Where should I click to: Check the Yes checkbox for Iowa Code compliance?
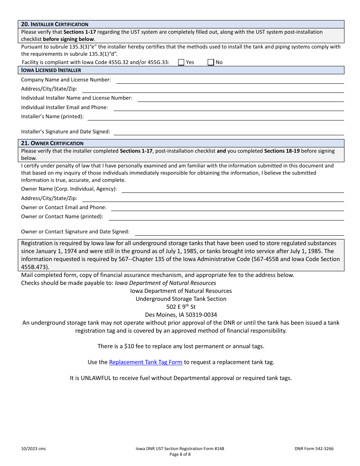[x=181, y=62]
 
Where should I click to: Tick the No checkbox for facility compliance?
[x=211, y=62]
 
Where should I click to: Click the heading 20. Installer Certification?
[x=55, y=24]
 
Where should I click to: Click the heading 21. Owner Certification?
[x=52, y=143]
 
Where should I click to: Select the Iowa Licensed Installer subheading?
[x=51, y=70]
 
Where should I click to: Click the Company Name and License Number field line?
[x=230, y=80]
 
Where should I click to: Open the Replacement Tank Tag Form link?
[x=146, y=362]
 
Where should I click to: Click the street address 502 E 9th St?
[x=181, y=307]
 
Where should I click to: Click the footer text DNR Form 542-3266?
[x=314, y=449]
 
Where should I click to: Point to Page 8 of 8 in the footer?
[x=180, y=455]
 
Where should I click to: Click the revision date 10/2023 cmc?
[x=34, y=449]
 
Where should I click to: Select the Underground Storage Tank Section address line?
[x=181, y=299]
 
